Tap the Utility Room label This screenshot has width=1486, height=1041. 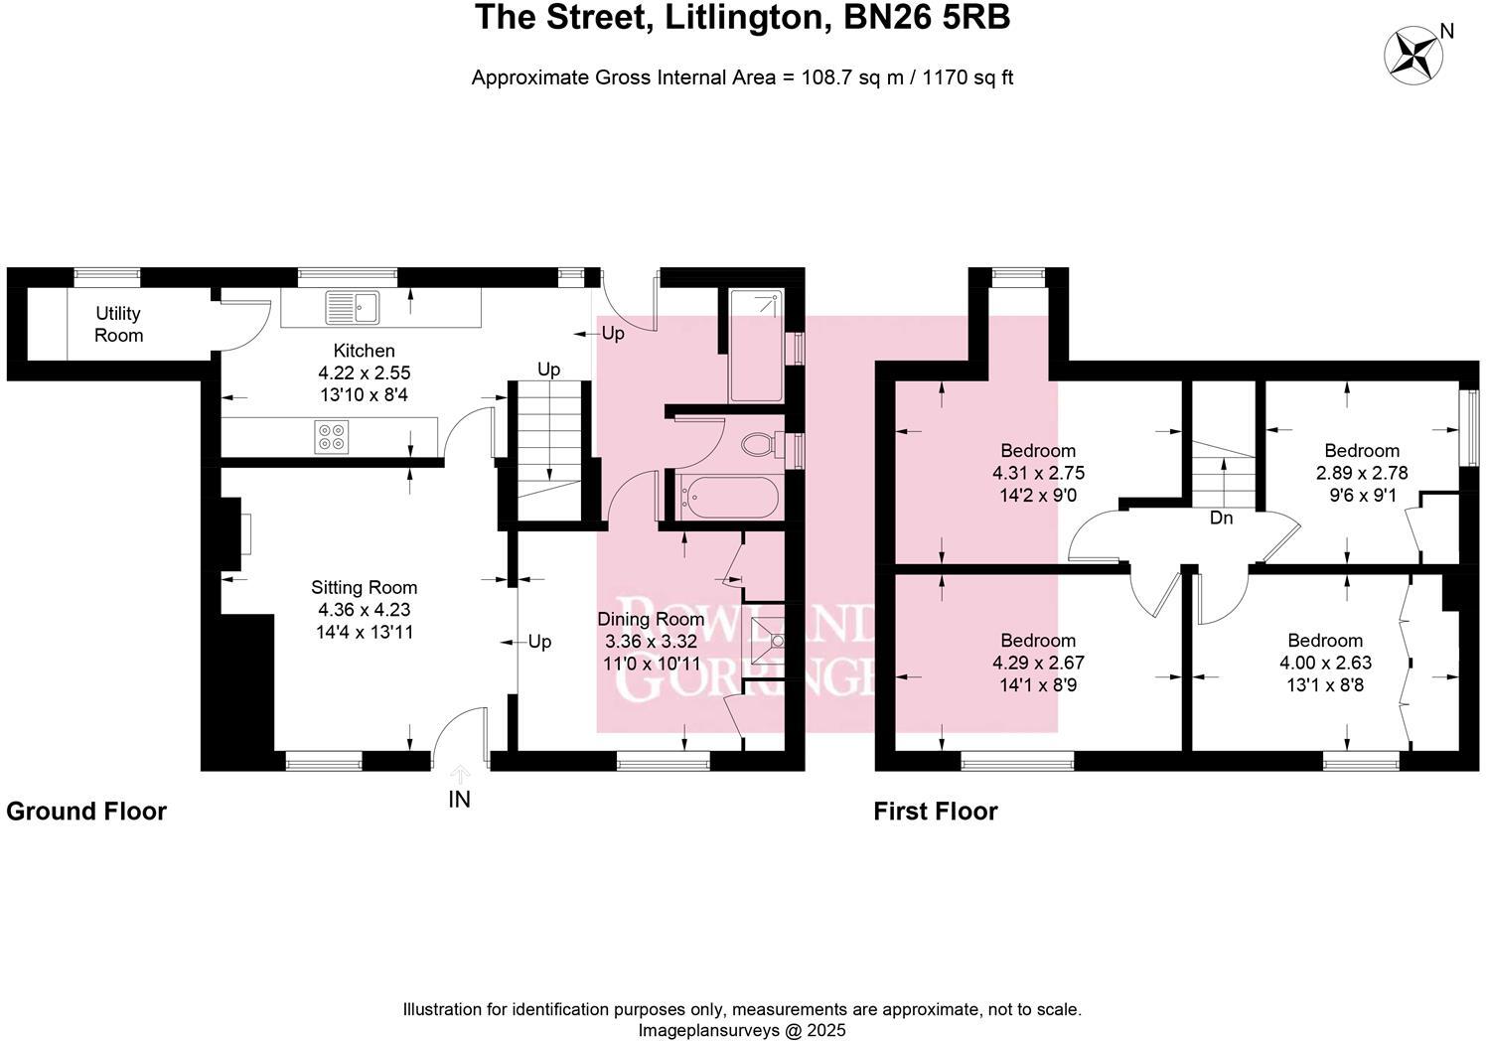[118, 325]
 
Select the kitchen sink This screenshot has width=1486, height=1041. [352, 307]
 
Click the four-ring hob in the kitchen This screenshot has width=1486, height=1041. [331, 437]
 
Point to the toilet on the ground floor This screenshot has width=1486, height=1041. [762, 443]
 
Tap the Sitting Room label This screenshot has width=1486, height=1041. [364, 587]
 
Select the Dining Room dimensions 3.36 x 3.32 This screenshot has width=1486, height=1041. [651, 641]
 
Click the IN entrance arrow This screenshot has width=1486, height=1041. [459, 775]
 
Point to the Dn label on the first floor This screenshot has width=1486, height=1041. [1221, 518]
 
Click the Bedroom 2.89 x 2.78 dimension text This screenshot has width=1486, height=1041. [1362, 473]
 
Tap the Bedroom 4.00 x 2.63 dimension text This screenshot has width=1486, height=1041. [1325, 663]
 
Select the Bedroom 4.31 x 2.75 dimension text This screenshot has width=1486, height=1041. [1038, 473]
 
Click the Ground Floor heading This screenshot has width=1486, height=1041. [86, 812]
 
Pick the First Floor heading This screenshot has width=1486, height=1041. [935, 812]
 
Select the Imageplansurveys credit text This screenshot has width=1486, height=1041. [741, 1030]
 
